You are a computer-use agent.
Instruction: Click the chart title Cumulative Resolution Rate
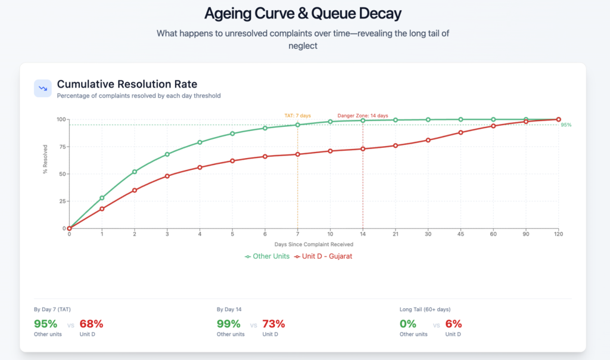click(x=127, y=84)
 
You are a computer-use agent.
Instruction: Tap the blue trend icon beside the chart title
click(x=43, y=88)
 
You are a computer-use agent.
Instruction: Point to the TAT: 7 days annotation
click(x=297, y=116)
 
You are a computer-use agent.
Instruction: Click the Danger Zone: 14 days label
click(x=363, y=116)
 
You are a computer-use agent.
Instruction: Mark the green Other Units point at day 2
click(x=135, y=172)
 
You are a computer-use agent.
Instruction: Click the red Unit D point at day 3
click(x=167, y=176)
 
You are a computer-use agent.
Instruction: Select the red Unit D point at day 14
click(x=363, y=148)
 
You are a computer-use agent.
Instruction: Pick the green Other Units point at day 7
click(x=297, y=125)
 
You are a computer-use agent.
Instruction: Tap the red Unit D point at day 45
click(x=460, y=132)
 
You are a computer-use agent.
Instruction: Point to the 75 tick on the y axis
click(x=62, y=147)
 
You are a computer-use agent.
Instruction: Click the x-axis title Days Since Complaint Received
click(x=313, y=245)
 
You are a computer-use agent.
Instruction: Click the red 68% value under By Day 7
click(x=91, y=324)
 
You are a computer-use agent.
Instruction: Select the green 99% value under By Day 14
click(x=229, y=324)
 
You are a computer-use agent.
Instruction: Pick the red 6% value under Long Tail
click(x=453, y=324)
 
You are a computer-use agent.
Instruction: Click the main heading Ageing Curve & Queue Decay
click(x=303, y=13)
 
